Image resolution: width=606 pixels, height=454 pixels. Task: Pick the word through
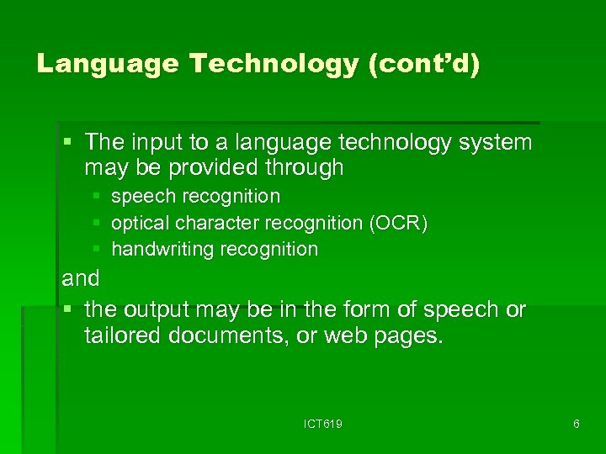coord(304,167)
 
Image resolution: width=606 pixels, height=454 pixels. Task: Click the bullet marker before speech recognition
coord(97,196)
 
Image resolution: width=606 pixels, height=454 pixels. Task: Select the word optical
coord(140,223)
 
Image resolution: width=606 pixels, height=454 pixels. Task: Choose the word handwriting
coord(157,249)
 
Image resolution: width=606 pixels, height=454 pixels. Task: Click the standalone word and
coord(81,278)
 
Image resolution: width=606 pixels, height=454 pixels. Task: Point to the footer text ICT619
coord(322,424)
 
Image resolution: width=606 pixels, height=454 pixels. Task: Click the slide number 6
coord(576,424)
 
